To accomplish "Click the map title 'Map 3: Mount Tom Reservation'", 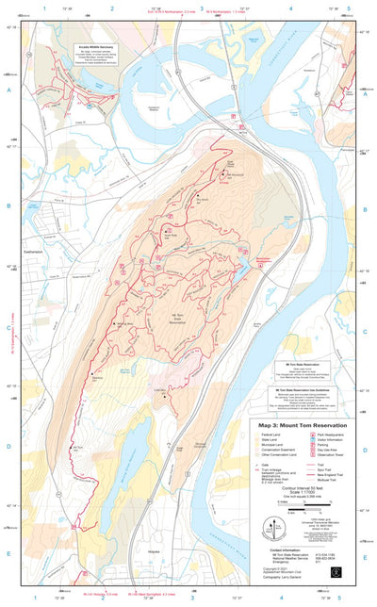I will [x=295, y=424].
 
